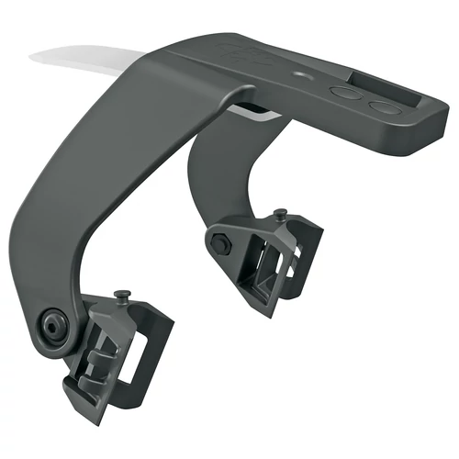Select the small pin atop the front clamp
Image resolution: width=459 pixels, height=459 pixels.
[x=121, y=296]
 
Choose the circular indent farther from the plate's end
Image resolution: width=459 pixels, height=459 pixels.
[x=345, y=93]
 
